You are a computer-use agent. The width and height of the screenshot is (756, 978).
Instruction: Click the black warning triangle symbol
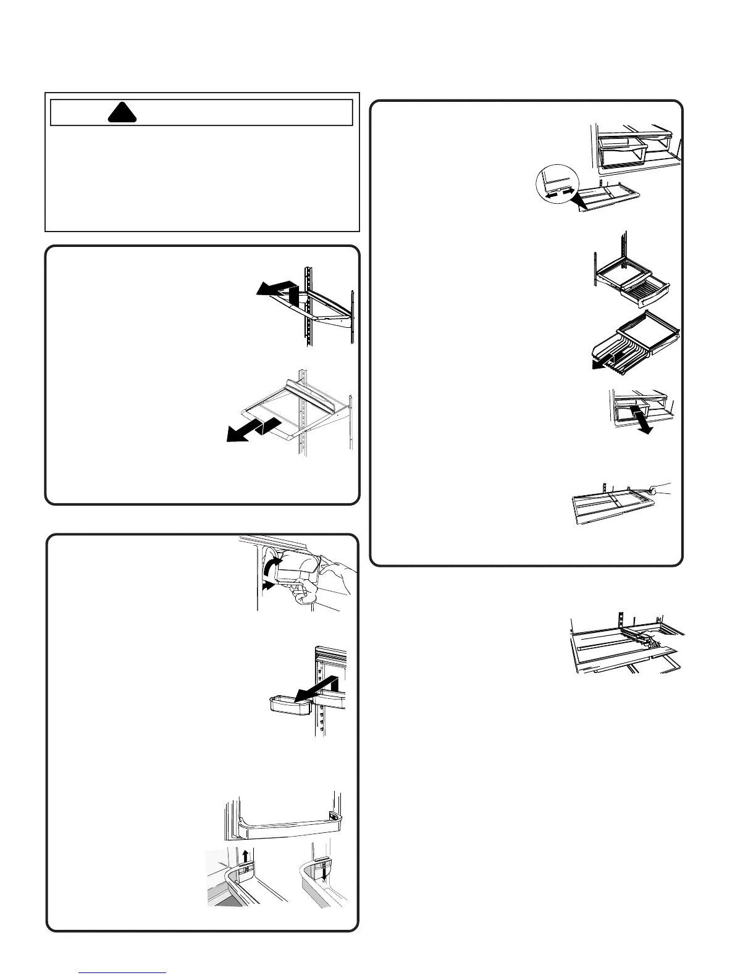121,112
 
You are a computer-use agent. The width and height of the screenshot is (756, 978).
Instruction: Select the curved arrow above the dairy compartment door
269,566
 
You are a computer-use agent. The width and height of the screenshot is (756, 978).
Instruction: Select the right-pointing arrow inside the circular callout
566,192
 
